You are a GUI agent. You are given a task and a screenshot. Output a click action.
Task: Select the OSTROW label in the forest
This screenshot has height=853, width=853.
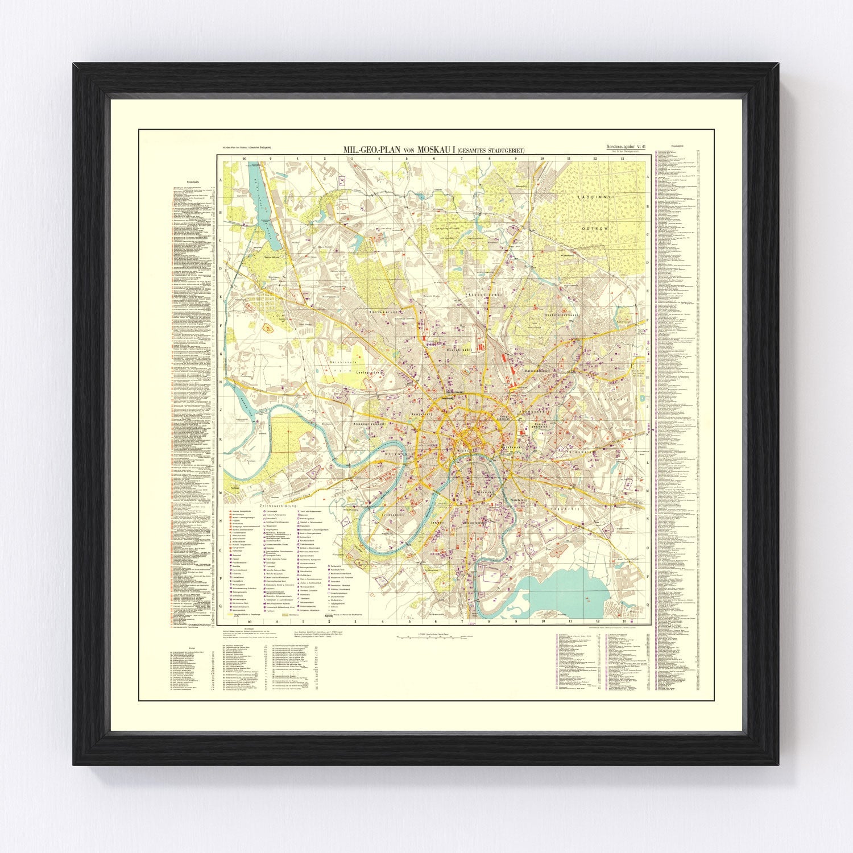(x=595, y=228)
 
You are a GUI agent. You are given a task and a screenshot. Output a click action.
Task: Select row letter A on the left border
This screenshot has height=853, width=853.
(x=220, y=176)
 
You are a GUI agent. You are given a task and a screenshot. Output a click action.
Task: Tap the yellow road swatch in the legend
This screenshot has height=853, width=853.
(x=234, y=615)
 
